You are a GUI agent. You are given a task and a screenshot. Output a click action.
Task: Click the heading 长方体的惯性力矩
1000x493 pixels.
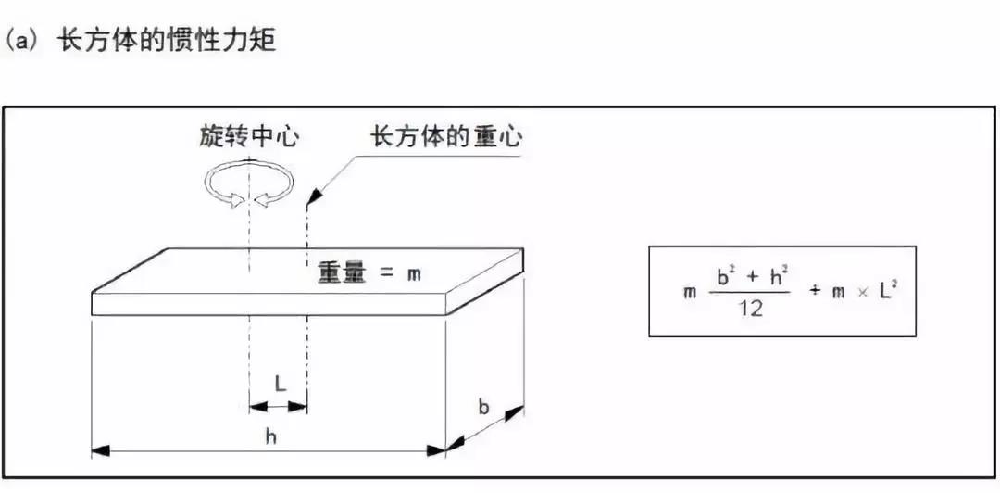click(x=167, y=41)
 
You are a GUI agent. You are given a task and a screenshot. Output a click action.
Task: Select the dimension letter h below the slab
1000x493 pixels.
click(x=270, y=436)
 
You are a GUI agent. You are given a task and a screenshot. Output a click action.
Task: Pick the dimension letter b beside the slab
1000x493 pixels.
click(x=484, y=405)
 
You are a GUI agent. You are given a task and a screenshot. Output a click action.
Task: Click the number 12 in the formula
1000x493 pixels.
click(x=750, y=309)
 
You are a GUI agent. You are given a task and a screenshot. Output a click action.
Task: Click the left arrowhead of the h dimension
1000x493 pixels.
click(x=99, y=451)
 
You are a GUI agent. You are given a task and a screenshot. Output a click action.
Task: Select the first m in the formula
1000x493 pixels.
click(x=688, y=294)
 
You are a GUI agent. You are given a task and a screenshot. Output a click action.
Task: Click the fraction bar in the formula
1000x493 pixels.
click(x=751, y=293)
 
